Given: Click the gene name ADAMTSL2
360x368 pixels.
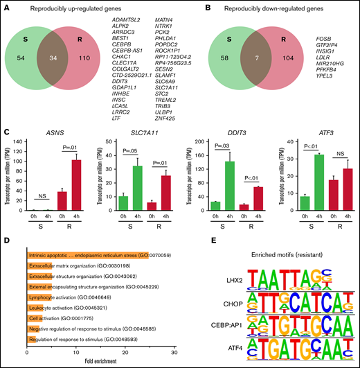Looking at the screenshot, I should [x=124, y=24].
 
